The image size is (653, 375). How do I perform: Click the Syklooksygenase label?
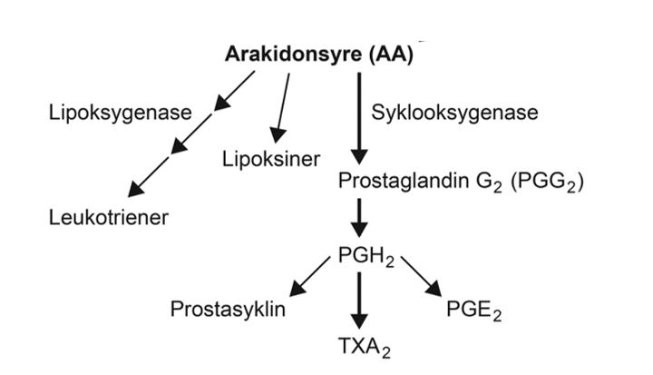[x=454, y=113]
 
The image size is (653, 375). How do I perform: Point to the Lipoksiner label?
[x=271, y=160]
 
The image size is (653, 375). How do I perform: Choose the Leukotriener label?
[x=110, y=217]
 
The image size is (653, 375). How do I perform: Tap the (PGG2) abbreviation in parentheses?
[x=547, y=182]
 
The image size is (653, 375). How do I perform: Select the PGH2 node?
[x=365, y=256]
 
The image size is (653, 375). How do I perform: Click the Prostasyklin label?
[x=229, y=310]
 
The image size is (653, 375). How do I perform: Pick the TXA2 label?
[x=360, y=346]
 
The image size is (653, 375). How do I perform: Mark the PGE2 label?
[x=473, y=310]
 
